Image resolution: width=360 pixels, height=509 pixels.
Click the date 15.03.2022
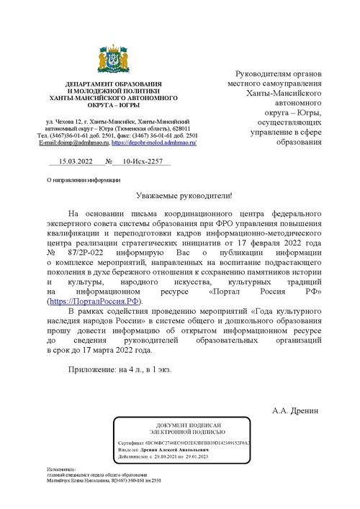coord(76,163)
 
